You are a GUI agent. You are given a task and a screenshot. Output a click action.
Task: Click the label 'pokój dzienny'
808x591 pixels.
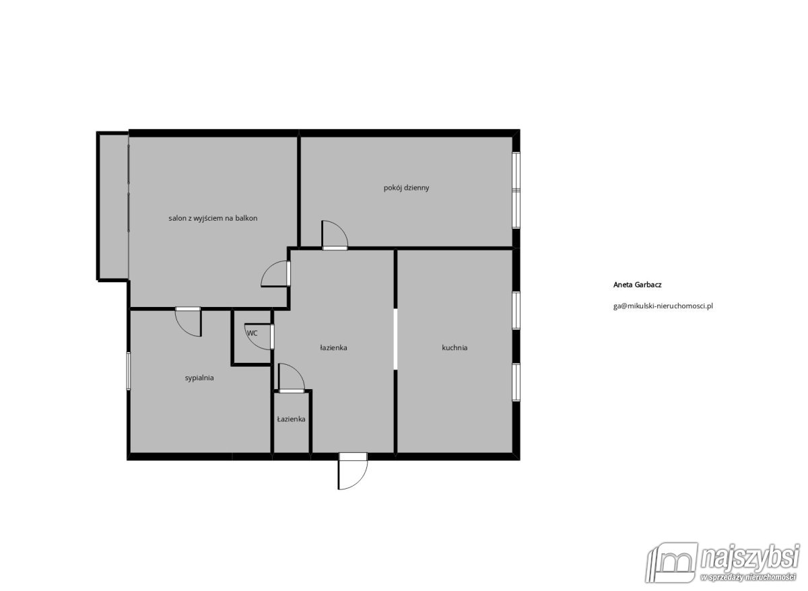click(x=406, y=188)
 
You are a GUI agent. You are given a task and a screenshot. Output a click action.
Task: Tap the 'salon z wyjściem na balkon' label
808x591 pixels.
click(x=213, y=218)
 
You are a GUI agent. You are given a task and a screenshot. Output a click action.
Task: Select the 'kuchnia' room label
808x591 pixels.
click(x=454, y=347)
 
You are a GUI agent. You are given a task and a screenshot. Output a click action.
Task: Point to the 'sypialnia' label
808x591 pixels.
click(x=199, y=378)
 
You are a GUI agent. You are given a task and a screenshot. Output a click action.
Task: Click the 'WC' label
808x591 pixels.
click(x=252, y=333)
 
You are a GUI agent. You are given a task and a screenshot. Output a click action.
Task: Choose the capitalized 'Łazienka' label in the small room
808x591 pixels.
click(x=291, y=419)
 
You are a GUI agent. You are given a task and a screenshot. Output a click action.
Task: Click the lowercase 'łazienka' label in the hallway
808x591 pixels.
click(x=333, y=347)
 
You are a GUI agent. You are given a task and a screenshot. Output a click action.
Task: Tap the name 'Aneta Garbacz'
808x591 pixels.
click(x=638, y=285)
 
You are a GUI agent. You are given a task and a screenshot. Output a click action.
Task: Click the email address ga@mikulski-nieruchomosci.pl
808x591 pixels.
click(x=663, y=306)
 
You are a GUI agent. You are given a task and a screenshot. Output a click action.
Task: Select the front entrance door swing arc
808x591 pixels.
click(x=353, y=475)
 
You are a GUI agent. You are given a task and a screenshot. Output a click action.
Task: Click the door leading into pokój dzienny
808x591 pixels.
click(x=335, y=234)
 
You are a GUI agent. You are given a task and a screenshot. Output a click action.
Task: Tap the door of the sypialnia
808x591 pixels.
click(x=188, y=322)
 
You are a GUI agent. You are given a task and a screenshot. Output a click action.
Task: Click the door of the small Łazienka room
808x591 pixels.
click(x=292, y=378)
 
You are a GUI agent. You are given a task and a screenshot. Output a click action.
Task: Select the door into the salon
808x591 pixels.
click(x=275, y=274)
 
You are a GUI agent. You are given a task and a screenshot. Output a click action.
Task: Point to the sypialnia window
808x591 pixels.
click(x=128, y=371)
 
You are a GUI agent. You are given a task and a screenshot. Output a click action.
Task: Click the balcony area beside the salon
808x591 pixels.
click(x=112, y=207)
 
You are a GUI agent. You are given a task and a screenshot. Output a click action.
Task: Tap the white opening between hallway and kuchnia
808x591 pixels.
click(x=395, y=339)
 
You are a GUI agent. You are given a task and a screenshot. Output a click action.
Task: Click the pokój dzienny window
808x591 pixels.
click(x=516, y=190)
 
